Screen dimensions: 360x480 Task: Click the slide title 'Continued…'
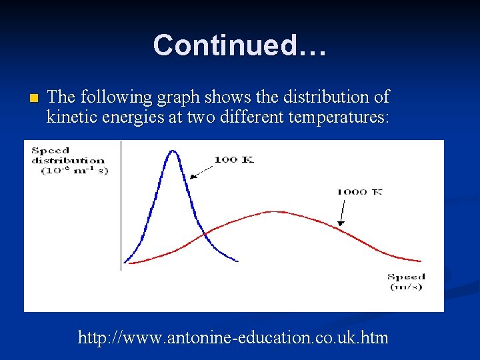[x=239, y=45]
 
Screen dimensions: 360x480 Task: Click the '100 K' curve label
[x=233, y=159]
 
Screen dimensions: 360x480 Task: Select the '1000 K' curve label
[x=359, y=191]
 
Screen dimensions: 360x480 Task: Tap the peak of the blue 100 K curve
[x=173, y=151]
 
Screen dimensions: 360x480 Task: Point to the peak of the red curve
[x=273, y=211]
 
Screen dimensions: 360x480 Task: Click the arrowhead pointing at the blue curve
[x=192, y=177]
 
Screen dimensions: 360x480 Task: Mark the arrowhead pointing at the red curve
[x=341, y=225]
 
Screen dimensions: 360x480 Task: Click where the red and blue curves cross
[x=205, y=233]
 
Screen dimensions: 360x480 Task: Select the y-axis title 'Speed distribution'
[x=68, y=155]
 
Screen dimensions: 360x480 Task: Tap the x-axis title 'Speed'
[x=406, y=277]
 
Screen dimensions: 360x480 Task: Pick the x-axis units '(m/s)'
[x=406, y=287]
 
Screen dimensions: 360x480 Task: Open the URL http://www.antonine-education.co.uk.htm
[x=233, y=337]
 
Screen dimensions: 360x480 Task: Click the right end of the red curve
[x=421, y=261]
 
